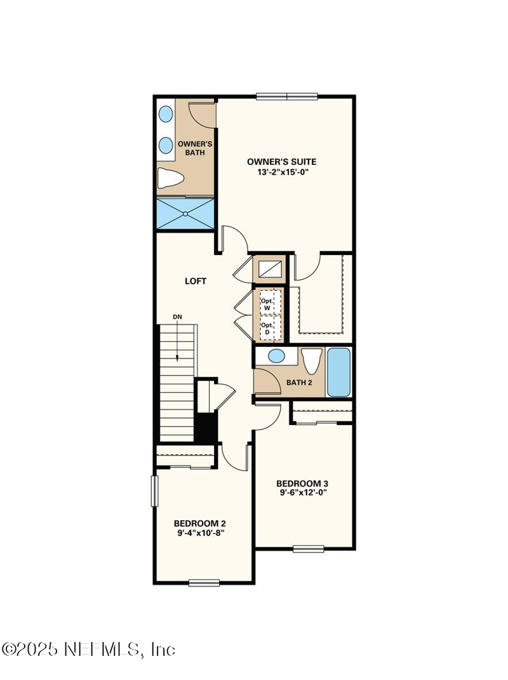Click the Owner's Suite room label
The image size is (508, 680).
pyautogui.click(x=281, y=162)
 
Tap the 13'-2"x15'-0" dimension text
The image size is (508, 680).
pyautogui.click(x=281, y=172)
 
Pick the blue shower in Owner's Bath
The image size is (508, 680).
pyautogui.click(x=186, y=213)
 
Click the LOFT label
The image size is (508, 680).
pyautogui.click(x=196, y=281)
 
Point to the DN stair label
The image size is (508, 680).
pyautogui.click(x=178, y=317)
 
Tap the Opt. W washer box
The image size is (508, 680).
pyautogui.click(x=267, y=303)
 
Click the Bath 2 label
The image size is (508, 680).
pyautogui.click(x=298, y=383)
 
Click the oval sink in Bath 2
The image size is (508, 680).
pyautogui.click(x=277, y=356)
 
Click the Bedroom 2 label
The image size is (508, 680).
pyautogui.click(x=200, y=523)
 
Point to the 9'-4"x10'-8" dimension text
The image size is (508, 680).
pyautogui.click(x=200, y=533)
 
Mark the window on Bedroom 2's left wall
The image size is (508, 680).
pyautogui.click(x=154, y=491)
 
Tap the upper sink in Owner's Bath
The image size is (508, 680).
pyautogui.click(x=166, y=115)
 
